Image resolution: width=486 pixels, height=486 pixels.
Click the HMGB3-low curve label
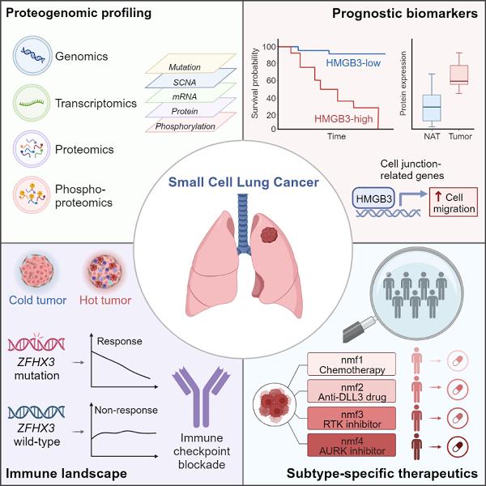pyautogui.click(x=354, y=62)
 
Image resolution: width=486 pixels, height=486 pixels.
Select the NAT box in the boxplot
pyautogui.click(x=432, y=105)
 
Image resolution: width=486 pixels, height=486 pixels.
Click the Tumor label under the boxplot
pyautogui.click(x=460, y=137)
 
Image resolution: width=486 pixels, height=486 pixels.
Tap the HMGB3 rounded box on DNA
pyautogui.click(x=373, y=195)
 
